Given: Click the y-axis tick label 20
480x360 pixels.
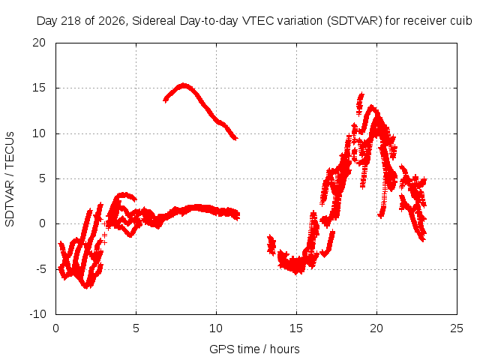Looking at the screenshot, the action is click(x=39, y=43).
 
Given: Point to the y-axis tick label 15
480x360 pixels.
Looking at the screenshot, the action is click(x=39, y=88).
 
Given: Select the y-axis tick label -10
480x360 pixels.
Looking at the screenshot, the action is click(x=37, y=314).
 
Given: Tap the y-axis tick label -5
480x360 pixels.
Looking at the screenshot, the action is click(x=40, y=269).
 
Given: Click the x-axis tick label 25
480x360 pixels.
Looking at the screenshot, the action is click(x=457, y=328).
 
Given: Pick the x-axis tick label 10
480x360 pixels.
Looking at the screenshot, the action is click(x=216, y=328).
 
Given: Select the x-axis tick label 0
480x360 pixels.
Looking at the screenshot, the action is click(x=55, y=328).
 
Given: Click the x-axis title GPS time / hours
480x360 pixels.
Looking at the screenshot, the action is click(x=254, y=349).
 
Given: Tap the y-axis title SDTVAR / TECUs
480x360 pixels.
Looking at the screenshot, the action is click(x=10, y=179).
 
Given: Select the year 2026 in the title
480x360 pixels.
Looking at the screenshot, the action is click(x=112, y=21).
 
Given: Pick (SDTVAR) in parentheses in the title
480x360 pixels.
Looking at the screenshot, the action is click(x=355, y=21).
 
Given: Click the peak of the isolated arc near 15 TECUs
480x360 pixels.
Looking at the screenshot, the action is click(x=183, y=85).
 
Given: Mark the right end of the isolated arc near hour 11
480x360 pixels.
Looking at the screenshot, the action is click(x=236, y=139).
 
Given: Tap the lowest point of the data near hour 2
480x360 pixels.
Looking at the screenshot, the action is click(x=87, y=287).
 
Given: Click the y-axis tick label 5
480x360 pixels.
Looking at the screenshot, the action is click(x=42, y=178).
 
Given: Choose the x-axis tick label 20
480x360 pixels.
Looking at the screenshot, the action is click(x=376, y=328).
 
